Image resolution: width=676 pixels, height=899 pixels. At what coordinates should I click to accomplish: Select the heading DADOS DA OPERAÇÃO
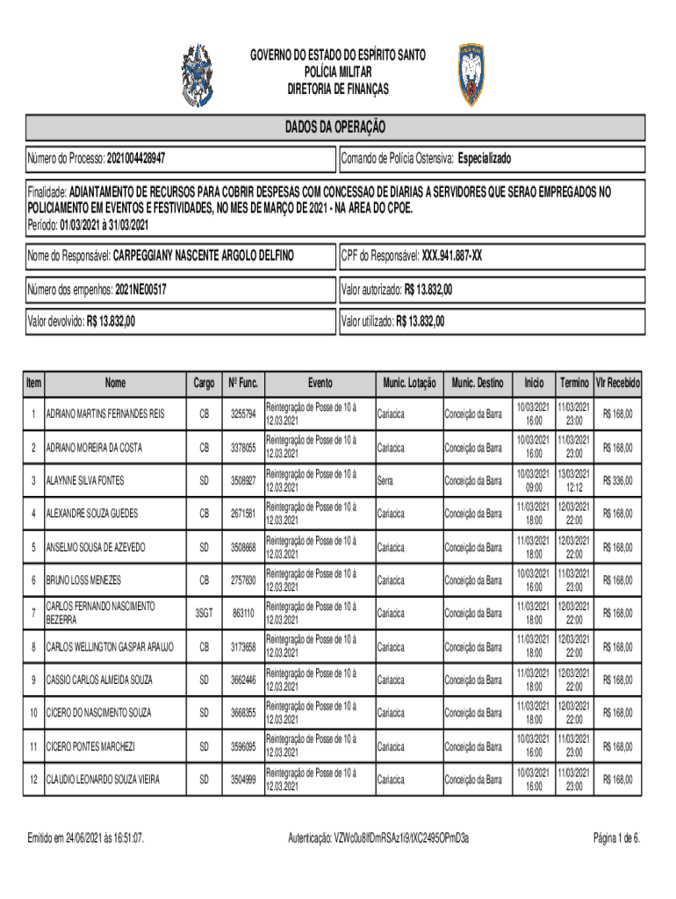point(334,127)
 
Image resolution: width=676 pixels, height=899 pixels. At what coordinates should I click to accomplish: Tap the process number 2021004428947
point(137,160)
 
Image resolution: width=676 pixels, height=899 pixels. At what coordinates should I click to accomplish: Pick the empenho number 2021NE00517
point(140,289)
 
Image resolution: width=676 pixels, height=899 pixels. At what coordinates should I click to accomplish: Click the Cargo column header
point(204,383)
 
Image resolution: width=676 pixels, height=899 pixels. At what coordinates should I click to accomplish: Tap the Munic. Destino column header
point(478,383)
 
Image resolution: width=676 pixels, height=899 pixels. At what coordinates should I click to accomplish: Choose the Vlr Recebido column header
point(618,383)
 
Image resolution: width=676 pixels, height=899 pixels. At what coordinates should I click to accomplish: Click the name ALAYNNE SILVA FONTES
point(97,480)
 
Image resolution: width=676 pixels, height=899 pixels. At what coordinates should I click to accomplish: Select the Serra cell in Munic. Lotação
point(385,480)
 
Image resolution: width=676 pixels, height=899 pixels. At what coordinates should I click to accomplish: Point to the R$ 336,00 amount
point(618,480)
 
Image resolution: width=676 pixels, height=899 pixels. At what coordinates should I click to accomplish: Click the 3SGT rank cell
point(204,612)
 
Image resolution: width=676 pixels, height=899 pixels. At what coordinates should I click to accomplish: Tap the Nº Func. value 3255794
point(243,414)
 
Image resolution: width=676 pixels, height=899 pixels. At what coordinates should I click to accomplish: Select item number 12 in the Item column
point(33,779)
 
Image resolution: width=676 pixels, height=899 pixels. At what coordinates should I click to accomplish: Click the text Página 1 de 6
point(616,838)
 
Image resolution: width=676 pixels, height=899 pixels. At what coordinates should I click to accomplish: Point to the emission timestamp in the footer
point(86,838)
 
